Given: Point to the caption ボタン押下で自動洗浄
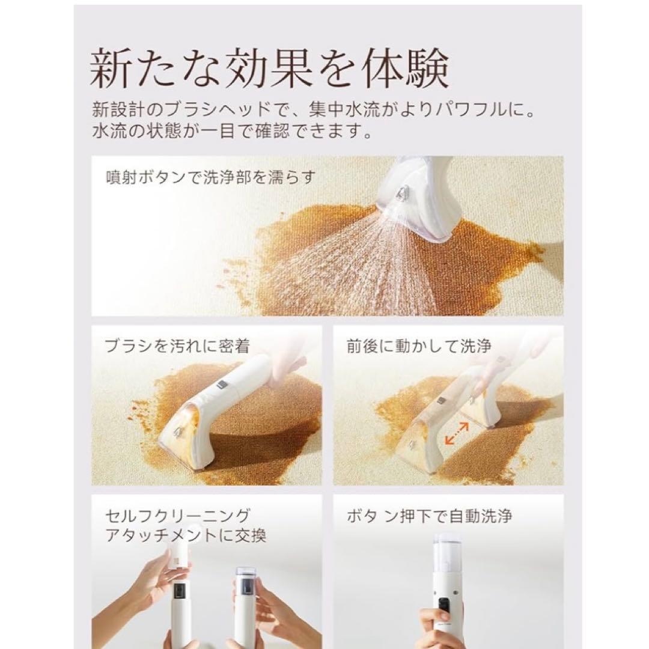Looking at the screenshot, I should [429, 516].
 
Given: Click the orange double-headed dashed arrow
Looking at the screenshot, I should [457, 433].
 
